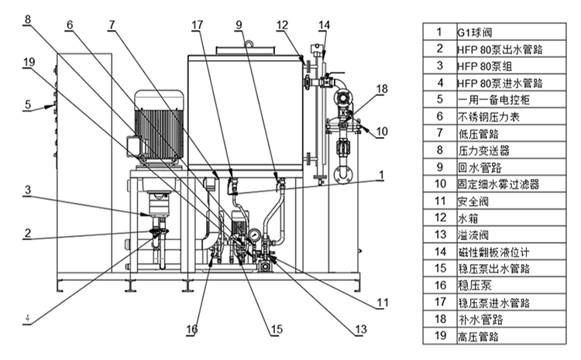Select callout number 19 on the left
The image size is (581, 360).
click(29, 62)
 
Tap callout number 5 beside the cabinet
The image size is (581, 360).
click(27, 104)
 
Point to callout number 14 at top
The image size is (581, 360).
click(323, 25)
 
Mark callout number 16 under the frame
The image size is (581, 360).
click(191, 329)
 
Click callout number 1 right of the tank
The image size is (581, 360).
click(380, 175)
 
